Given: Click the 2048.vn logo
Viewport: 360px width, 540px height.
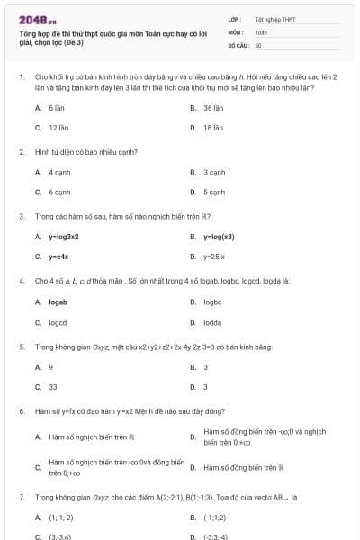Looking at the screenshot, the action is click(37, 19).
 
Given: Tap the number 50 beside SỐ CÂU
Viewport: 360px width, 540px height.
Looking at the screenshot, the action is click(258, 44).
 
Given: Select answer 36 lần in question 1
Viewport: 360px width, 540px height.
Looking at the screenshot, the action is click(212, 107).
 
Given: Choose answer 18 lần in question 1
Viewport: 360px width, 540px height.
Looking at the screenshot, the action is click(212, 128).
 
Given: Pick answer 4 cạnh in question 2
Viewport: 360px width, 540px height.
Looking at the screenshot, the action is click(59, 171).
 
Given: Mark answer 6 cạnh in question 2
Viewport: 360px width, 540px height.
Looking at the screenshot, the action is click(59, 192).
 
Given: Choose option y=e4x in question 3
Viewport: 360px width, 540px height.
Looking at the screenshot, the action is click(59, 257).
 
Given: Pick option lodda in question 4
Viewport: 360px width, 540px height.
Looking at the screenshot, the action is click(212, 322).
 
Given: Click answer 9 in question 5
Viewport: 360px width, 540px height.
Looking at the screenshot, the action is click(51, 366).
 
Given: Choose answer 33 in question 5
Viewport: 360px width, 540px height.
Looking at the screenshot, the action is click(53, 387).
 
